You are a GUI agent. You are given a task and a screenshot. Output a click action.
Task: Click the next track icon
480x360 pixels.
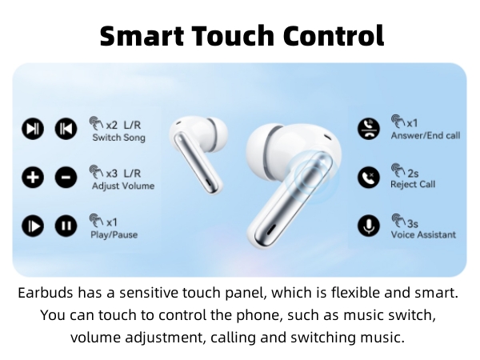click(32, 129)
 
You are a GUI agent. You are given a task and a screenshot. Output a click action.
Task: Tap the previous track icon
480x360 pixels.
click(65, 129)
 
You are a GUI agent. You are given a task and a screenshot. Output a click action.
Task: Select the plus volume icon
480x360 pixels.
click(32, 177)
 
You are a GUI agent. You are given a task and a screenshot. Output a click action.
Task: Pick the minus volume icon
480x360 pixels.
click(65, 177)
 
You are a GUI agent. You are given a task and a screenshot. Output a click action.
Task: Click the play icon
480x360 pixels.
click(32, 226)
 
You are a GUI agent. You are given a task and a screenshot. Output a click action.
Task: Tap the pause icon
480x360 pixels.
click(65, 226)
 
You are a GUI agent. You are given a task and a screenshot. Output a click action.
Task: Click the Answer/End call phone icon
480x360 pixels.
click(368, 129)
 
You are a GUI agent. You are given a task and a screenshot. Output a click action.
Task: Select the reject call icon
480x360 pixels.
click(368, 177)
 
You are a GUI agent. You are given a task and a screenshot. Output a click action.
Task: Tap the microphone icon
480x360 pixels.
click(368, 226)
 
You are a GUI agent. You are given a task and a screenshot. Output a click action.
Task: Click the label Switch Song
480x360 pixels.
click(118, 138)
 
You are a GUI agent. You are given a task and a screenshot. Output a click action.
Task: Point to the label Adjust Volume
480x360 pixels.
click(123, 186)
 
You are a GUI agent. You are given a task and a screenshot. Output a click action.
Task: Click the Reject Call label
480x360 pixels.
click(413, 185)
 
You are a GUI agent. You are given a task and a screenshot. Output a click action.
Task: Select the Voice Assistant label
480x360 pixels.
click(424, 234)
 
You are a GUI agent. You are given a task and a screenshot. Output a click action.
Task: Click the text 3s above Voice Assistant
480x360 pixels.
click(412, 223)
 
